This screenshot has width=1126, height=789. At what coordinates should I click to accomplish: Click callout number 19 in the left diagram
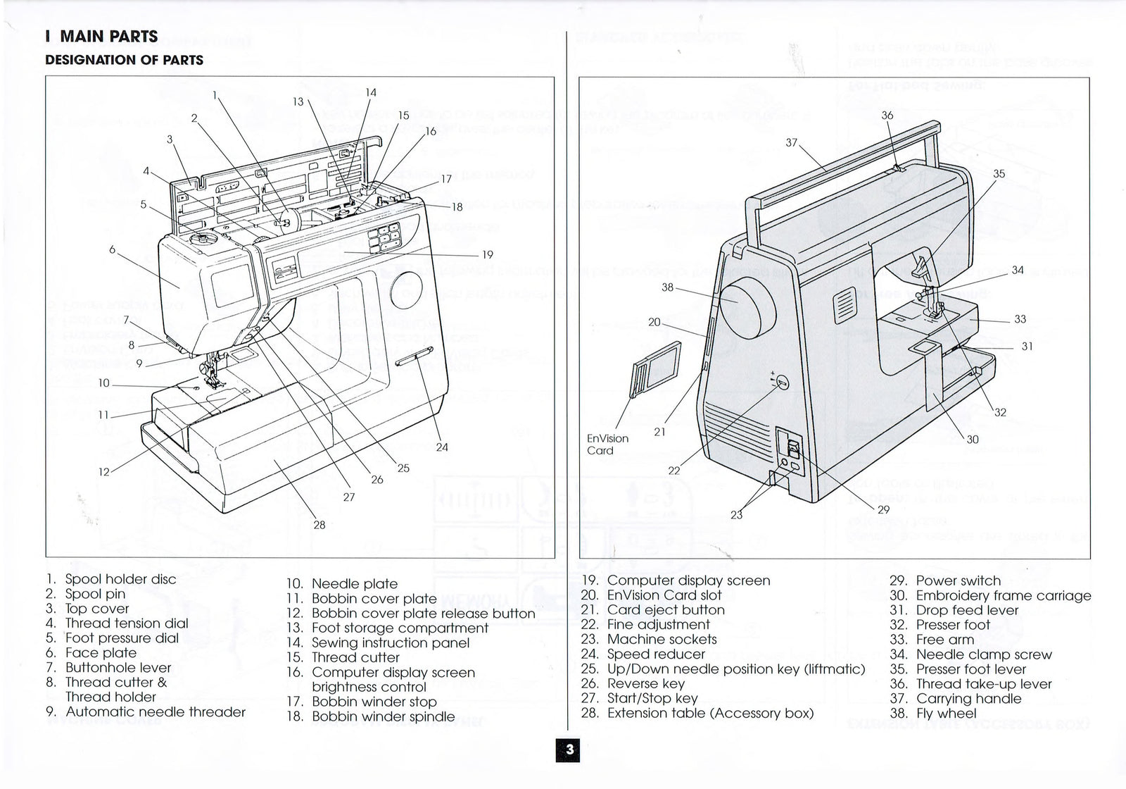pyautogui.click(x=488, y=255)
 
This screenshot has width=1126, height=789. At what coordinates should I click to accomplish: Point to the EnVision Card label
pyautogui.click(x=607, y=445)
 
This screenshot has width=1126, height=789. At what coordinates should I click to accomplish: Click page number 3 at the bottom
pyautogui.click(x=569, y=750)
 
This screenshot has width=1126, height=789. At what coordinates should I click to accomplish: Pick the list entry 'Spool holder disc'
pyautogui.click(x=120, y=579)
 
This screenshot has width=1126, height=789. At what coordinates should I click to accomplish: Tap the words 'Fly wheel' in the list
pyautogui.click(x=946, y=713)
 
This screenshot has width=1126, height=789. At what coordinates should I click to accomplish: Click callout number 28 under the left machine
pyautogui.click(x=320, y=525)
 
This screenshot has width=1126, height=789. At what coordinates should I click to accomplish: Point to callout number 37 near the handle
pyautogui.click(x=792, y=142)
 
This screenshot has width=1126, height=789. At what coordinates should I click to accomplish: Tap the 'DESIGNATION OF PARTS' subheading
pyautogui.click(x=125, y=60)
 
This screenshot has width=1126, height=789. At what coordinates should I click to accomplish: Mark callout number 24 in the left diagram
pyautogui.click(x=442, y=447)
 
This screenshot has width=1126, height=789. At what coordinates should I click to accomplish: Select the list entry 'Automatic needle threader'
pyautogui.click(x=155, y=712)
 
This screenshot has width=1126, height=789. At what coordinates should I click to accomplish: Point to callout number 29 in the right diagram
pyautogui.click(x=884, y=509)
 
